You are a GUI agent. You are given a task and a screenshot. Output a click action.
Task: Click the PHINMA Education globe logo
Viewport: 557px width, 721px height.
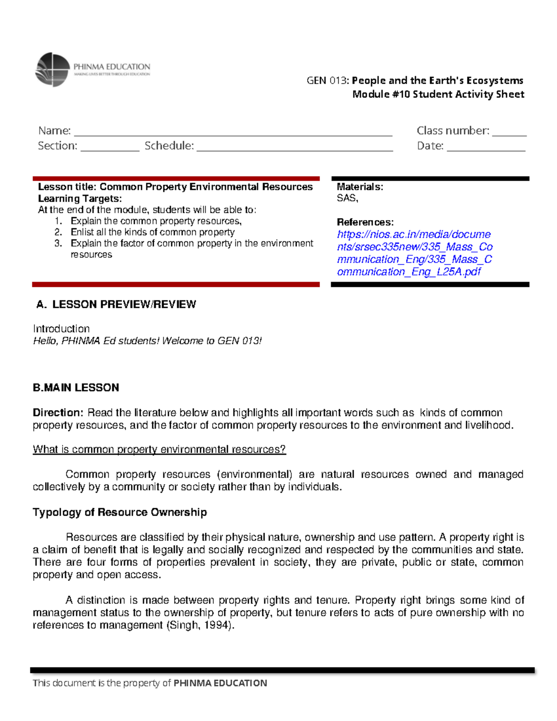(x=52, y=70)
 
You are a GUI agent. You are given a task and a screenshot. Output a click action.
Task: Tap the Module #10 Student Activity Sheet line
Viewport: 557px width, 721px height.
(x=438, y=94)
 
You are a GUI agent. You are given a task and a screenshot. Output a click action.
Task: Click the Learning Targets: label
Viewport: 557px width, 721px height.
(x=80, y=199)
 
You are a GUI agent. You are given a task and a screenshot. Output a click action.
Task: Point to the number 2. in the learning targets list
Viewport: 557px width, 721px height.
(x=58, y=232)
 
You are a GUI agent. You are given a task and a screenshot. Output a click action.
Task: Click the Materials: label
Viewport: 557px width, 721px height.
(x=360, y=187)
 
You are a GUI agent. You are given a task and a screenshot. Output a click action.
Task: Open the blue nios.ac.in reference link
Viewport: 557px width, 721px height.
(x=414, y=253)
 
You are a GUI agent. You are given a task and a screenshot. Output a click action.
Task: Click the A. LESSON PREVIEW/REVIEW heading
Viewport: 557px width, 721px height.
(x=116, y=305)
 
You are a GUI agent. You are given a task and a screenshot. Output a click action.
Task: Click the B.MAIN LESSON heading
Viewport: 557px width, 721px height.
(x=76, y=388)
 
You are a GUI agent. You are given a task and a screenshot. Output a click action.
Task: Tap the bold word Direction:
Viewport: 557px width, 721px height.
(x=58, y=413)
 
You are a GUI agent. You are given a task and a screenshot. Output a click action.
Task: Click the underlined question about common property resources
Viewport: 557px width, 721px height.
(x=159, y=449)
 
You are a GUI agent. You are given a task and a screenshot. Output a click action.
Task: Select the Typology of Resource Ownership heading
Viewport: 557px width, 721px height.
(x=120, y=512)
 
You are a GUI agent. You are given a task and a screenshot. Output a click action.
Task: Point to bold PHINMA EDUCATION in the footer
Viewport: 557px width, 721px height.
(x=220, y=683)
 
